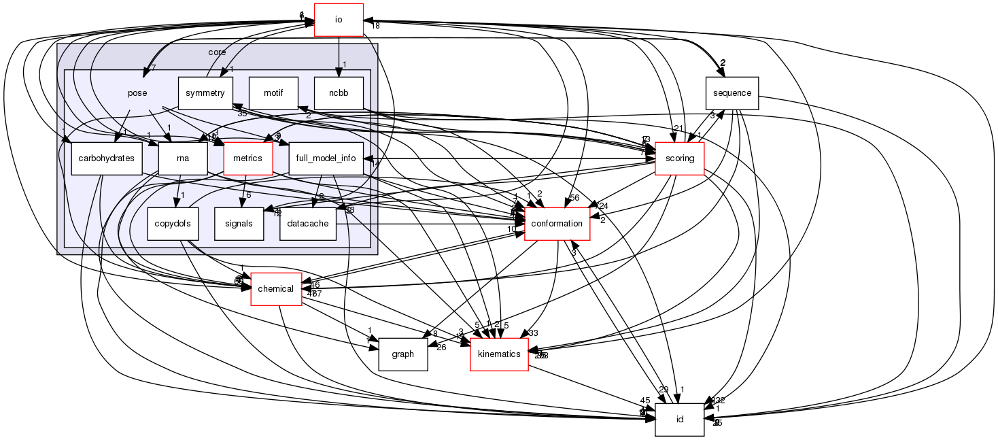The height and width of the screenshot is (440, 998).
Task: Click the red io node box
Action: pos(339,20)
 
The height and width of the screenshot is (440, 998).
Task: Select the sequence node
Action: pos(732,93)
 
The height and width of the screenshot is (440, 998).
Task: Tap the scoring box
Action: pos(679,158)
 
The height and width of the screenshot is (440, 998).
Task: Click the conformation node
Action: pos(557,224)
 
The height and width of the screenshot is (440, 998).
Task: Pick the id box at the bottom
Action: pos(678,420)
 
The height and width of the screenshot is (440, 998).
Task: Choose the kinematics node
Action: pos(499,354)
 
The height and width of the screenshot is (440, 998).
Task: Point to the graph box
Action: pos(402,354)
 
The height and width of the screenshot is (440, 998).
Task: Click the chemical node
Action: pos(277,289)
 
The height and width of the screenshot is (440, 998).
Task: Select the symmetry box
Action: pos(205,93)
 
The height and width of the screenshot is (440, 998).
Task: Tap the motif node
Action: pos(273,93)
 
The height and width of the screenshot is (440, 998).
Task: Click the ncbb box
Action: pos(339,93)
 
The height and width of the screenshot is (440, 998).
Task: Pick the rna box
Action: pos(182,158)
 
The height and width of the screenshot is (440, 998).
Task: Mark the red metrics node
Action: pos(247,158)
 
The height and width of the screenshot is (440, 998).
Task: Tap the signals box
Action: pos(239,224)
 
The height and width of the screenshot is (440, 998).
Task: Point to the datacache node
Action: pos(308,224)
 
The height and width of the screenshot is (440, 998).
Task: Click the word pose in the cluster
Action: pos(137,93)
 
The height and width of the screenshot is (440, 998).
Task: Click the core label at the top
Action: pos(217,52)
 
